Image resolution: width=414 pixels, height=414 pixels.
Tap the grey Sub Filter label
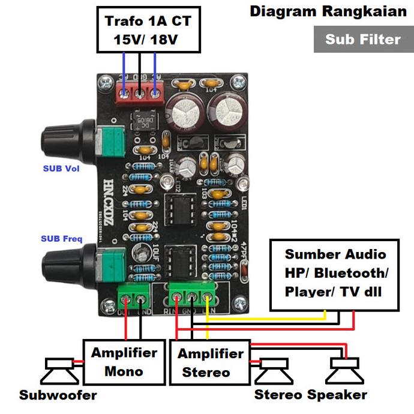[363, 40]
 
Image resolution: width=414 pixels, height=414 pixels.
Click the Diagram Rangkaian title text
[328, 11]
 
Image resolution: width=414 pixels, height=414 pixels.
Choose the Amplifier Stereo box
[210, 362]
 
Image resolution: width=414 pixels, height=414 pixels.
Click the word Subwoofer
[58, 395]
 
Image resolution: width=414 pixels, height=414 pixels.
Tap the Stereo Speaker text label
[310, 395]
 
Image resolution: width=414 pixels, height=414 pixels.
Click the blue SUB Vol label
[61, 169]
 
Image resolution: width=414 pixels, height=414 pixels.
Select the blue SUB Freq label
[61, 239]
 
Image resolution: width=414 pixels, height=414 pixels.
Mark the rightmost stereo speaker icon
[343, 371]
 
